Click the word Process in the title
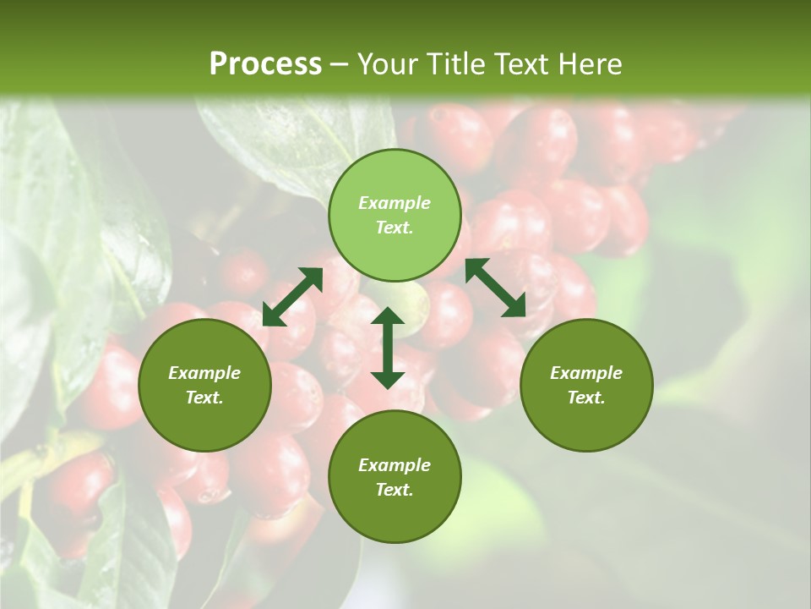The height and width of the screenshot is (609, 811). pyautogui.click(x=265, y=64)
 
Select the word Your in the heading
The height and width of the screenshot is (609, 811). pyautogui.click(x=389, y=64)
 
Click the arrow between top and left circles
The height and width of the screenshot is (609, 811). pyautogui.click(x=292, y=297)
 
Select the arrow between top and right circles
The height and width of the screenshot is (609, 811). pyautogui.click(x=496, y=288)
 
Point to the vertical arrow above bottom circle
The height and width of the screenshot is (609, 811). pyautogui.click(x=388, y=348)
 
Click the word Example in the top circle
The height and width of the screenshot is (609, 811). pyautogui.click(x=395, y=203)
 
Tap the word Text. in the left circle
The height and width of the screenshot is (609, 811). pyautogui.click(x=204, y=398)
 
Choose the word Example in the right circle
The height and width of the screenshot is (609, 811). pyautogui.click(x=586, y=373)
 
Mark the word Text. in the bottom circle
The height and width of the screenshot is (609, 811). pyautogui.click(x=395, y=490)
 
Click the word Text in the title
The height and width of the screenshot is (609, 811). pyautogui.click(x=524, y=64)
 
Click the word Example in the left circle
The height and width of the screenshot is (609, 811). pyautogui.click(x=204, y=373)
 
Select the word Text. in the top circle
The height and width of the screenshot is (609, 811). pyautogui.click(x=395, y=228)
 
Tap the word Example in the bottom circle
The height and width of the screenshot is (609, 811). pyautogui.click(x=395, y=465)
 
